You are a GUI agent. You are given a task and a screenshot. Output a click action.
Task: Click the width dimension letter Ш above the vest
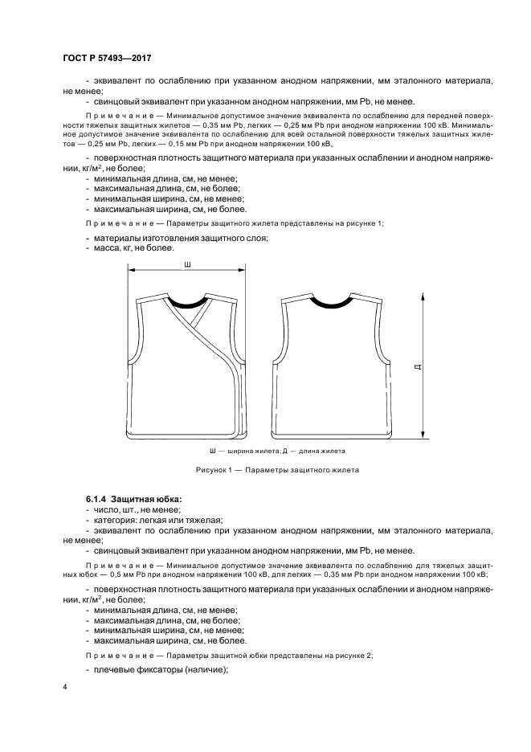186,264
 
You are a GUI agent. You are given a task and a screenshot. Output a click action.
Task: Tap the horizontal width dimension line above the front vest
186,272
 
